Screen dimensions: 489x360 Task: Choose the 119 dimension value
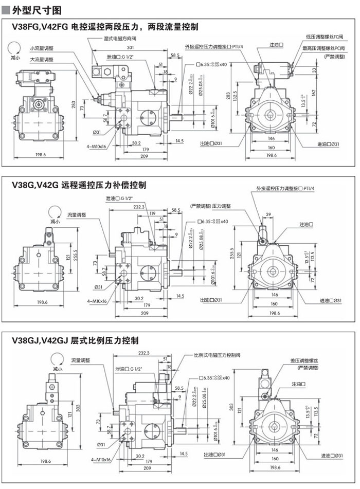point(152,213)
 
